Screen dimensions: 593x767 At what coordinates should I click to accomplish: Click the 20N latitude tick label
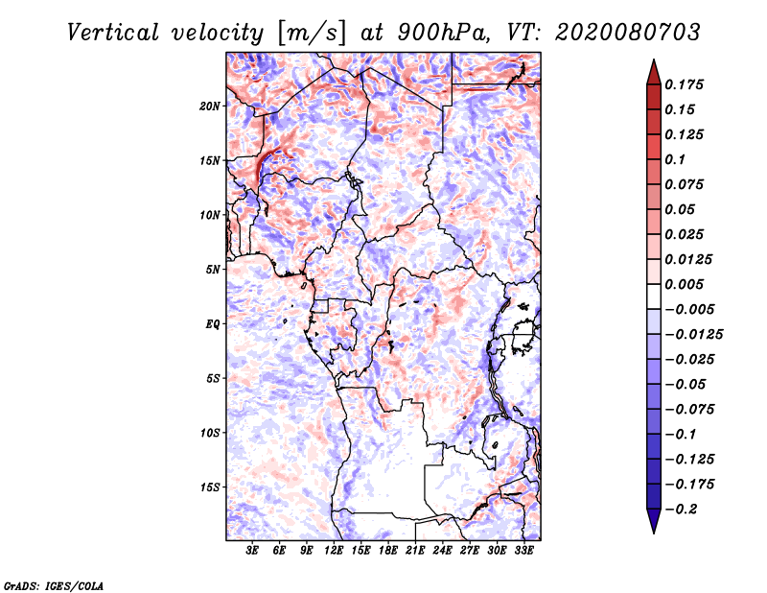211,106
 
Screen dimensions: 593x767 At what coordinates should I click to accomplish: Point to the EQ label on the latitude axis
213,324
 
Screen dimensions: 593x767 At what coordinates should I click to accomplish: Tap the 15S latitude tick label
211,487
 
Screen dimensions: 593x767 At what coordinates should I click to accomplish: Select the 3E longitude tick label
252,551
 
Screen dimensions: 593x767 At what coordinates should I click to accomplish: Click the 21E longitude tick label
415,551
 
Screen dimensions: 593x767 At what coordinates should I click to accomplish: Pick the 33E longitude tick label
523,551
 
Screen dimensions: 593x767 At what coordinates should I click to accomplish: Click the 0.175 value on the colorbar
688,84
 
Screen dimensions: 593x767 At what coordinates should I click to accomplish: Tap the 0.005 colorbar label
688,284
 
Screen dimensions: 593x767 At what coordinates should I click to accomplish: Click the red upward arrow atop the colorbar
653,70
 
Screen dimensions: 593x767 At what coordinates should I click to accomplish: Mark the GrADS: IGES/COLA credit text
52,584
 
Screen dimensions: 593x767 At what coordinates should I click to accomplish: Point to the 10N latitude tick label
211,215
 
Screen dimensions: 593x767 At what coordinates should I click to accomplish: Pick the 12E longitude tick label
334,551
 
